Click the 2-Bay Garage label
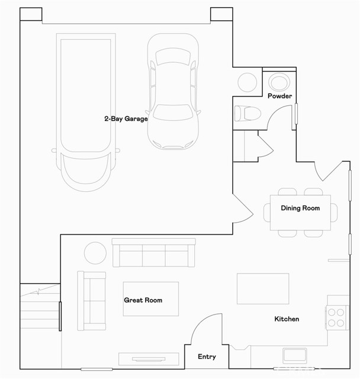tap(126, 118)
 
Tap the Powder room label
tap(279, 96)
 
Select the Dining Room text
tap(300, 208)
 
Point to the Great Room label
tap(143, 300)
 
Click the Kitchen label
tap(287, 319)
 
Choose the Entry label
tap(207, 356)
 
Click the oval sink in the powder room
tap(277, 81)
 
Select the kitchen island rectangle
tap(263, 288)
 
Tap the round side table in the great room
tap(94, 253)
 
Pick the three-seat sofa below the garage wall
tap(154, 253)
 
